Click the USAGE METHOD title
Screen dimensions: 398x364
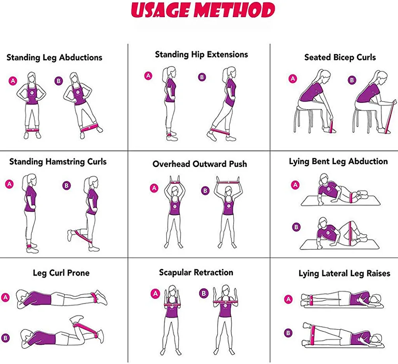click(x=203, y=10)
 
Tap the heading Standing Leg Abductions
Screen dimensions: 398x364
click(x=54, y=57)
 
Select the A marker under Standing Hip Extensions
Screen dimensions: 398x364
click(x=148, y=76)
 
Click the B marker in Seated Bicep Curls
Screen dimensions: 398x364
click(x=352, y=80)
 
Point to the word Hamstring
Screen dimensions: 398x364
click(x=65, y=162)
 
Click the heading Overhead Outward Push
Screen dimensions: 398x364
click(x=200, y=164)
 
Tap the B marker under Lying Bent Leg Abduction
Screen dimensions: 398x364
click(x=296, y=227)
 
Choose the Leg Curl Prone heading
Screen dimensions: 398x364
click(x=61, y=273)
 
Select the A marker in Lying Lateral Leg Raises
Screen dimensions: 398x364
click(x=288, y=299)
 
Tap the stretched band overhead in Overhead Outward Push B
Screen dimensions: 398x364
click(x=227, y=182)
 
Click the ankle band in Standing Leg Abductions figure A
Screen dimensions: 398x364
click(x=32, y=130)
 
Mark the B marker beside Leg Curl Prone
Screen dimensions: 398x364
click(x=6, y=338)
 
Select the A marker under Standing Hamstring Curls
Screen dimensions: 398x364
click(x=10, y=184)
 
